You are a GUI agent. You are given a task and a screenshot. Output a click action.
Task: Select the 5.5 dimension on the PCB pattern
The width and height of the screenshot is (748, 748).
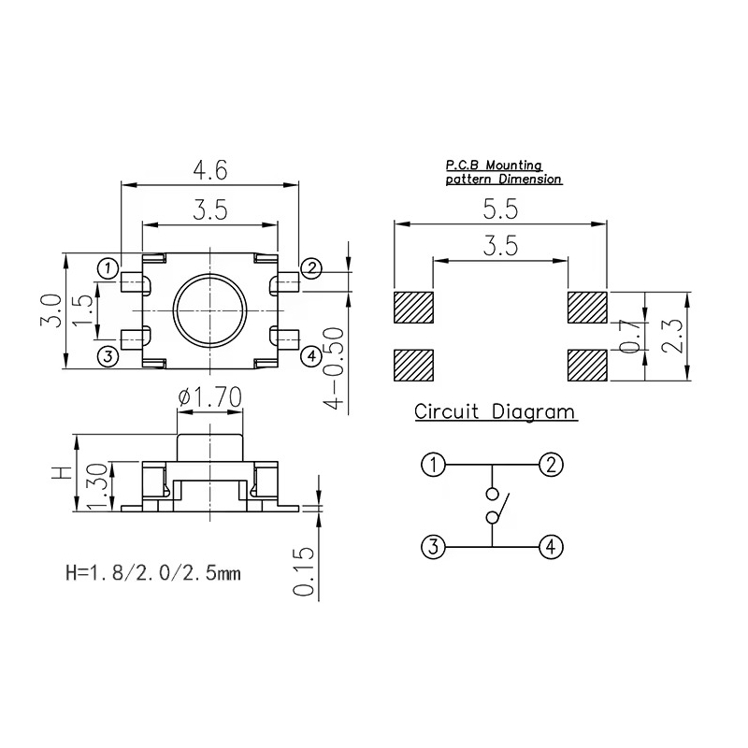(499, 209)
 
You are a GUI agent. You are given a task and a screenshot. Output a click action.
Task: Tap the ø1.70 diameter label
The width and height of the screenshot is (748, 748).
(211, 399)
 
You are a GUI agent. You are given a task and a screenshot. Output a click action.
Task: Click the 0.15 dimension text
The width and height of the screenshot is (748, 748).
(303, 570)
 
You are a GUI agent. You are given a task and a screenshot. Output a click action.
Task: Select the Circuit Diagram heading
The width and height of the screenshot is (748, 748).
(495, 412)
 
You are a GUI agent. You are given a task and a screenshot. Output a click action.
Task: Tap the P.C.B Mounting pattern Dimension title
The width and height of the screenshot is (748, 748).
(503, 171)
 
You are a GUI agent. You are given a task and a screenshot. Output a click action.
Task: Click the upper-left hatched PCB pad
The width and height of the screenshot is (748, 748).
(414, 308)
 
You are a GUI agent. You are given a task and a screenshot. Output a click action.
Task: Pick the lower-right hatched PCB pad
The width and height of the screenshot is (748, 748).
(586, 365)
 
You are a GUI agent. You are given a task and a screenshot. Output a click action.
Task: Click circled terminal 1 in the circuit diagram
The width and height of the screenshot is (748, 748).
(432, 465)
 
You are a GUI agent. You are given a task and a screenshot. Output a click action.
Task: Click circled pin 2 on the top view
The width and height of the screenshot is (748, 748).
(312, 268)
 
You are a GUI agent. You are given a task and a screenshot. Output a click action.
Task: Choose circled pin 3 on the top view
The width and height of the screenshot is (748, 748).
(108, 355)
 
